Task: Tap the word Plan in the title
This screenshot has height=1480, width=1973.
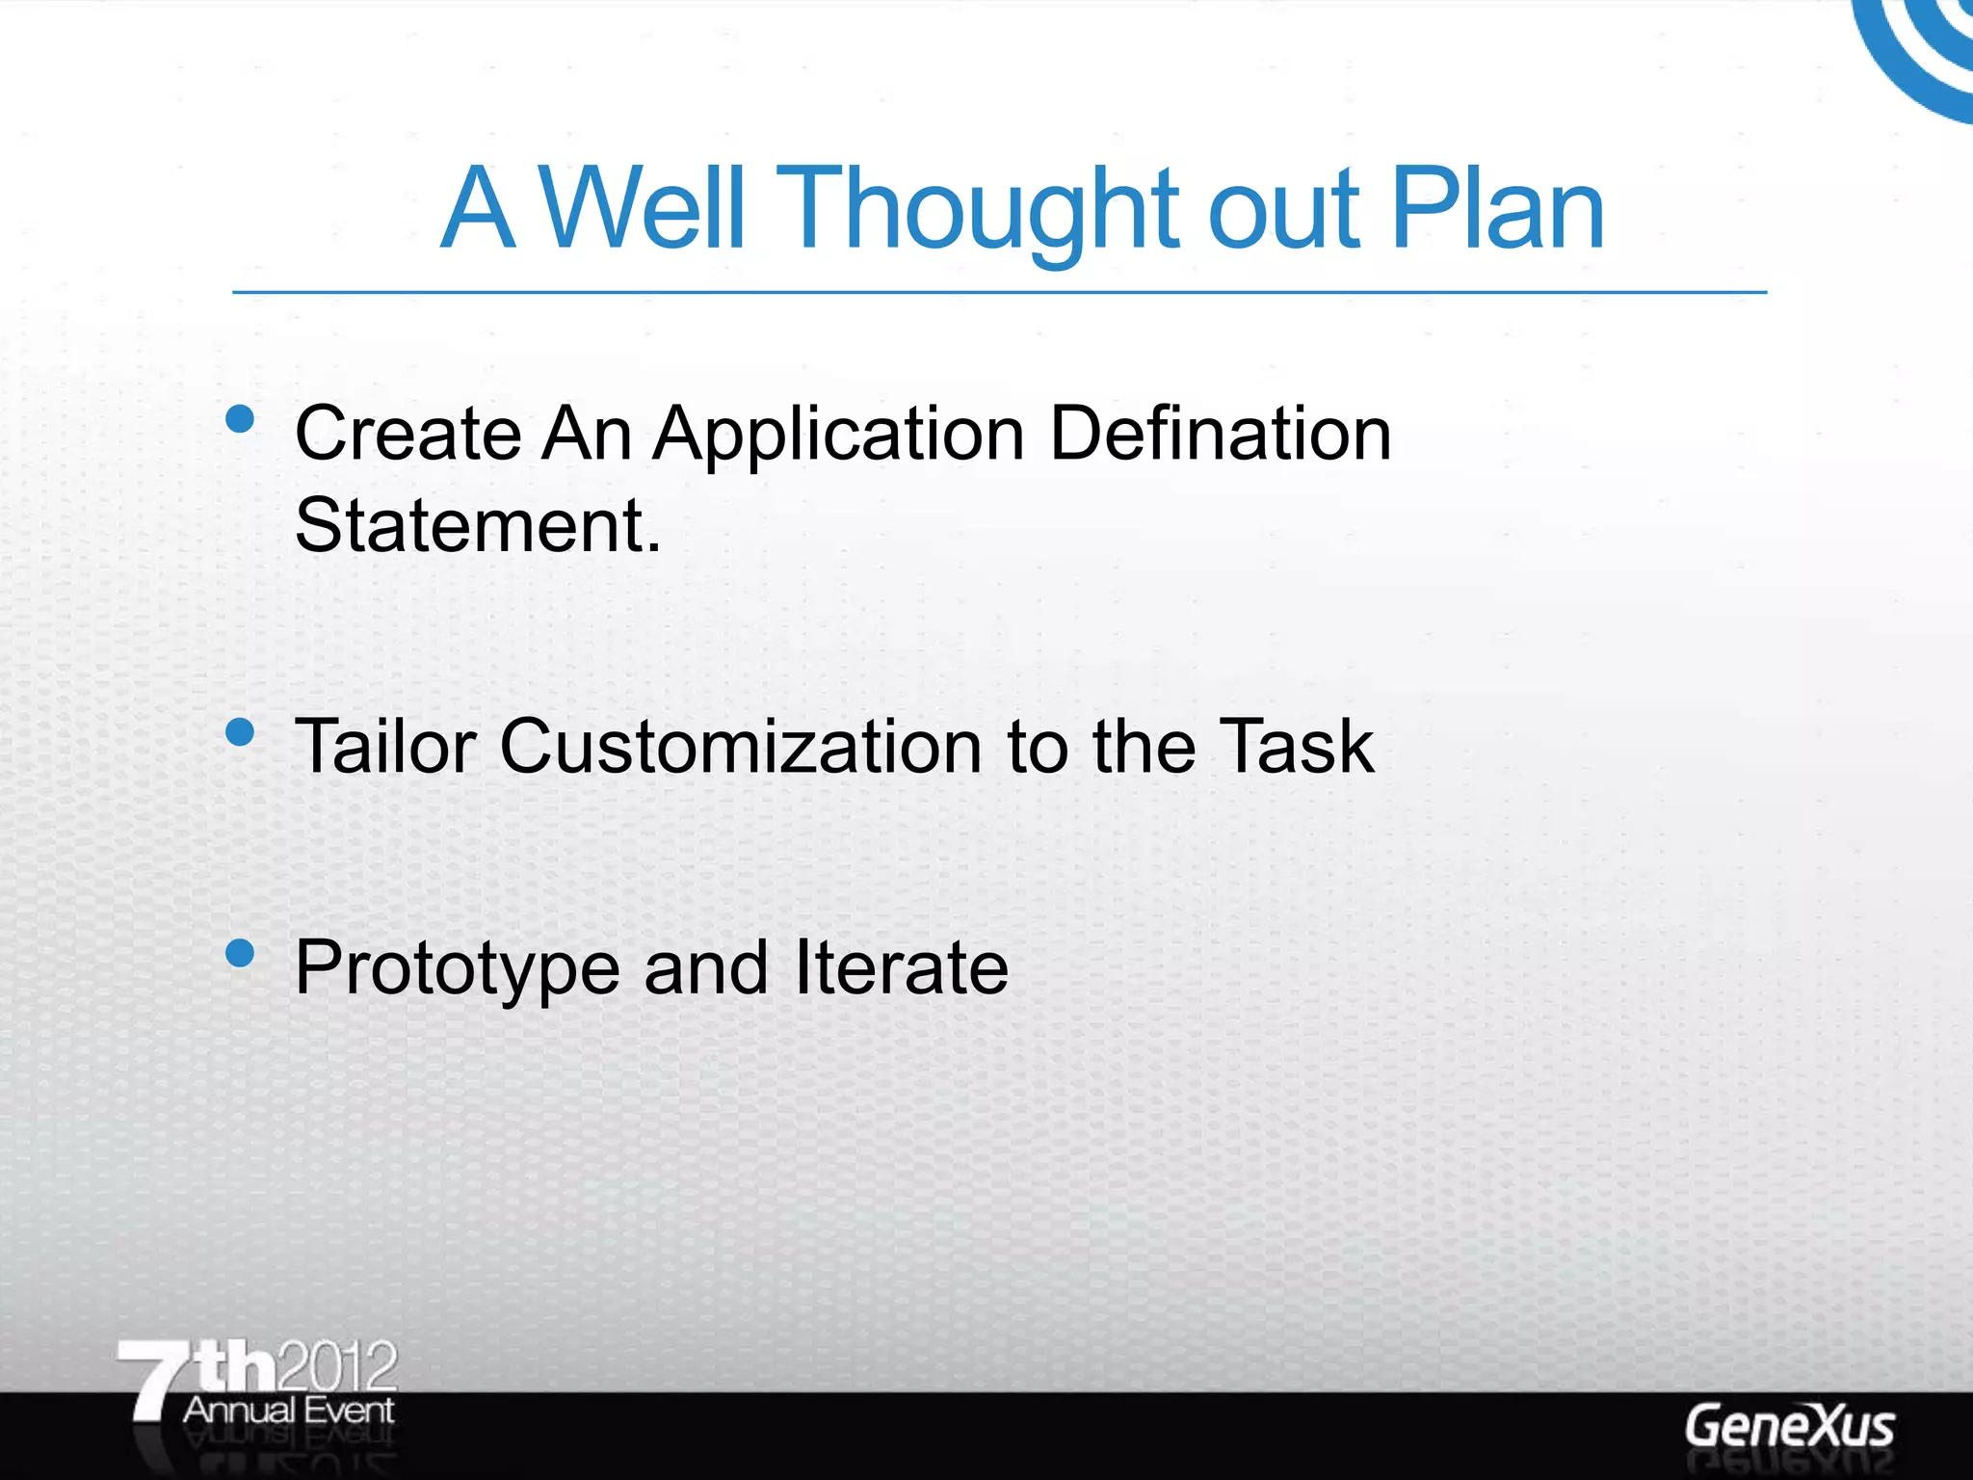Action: pos(1497,207)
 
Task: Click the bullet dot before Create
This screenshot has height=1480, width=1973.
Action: pos(240,419)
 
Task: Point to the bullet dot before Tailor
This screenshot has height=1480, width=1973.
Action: pos(240,732)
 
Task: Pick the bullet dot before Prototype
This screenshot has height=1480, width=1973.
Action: pos(240,953)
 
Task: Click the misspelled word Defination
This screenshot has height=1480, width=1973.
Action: pos(1220,434)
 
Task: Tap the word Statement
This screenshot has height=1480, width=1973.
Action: pos(478,525)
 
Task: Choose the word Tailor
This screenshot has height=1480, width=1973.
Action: pos(385,746)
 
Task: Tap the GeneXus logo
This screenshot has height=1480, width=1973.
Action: pos(1789,1427)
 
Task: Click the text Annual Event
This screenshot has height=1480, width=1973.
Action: pos(289,1411)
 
